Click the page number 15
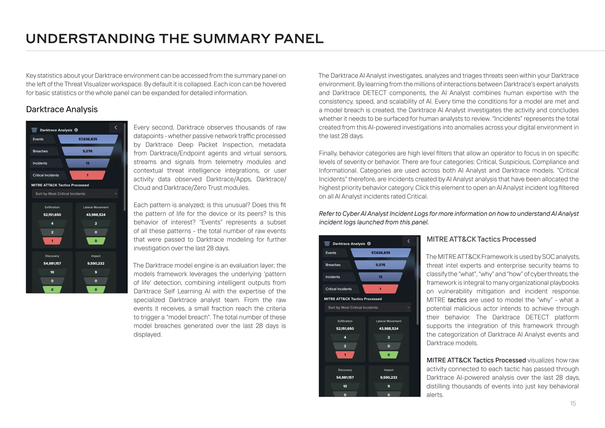click(573, 403)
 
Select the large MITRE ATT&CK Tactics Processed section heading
click(481, 239)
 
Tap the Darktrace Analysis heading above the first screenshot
click(62, 109)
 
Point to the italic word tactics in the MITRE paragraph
click(457, 300)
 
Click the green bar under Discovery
click(52, 289)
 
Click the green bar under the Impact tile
click(96, 289)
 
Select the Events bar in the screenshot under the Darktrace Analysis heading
click(88, 139)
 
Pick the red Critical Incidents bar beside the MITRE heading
click(380, 289)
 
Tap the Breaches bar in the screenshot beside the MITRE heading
click(380, 265)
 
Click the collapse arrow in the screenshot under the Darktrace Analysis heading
click(116, 127)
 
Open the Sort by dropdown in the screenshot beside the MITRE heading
click(367, 307)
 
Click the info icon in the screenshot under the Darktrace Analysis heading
click(76, 130)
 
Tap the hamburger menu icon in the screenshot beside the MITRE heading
click(327, 244)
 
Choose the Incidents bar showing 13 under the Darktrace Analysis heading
click(87, 163)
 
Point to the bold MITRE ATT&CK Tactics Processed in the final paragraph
click(476, 360)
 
